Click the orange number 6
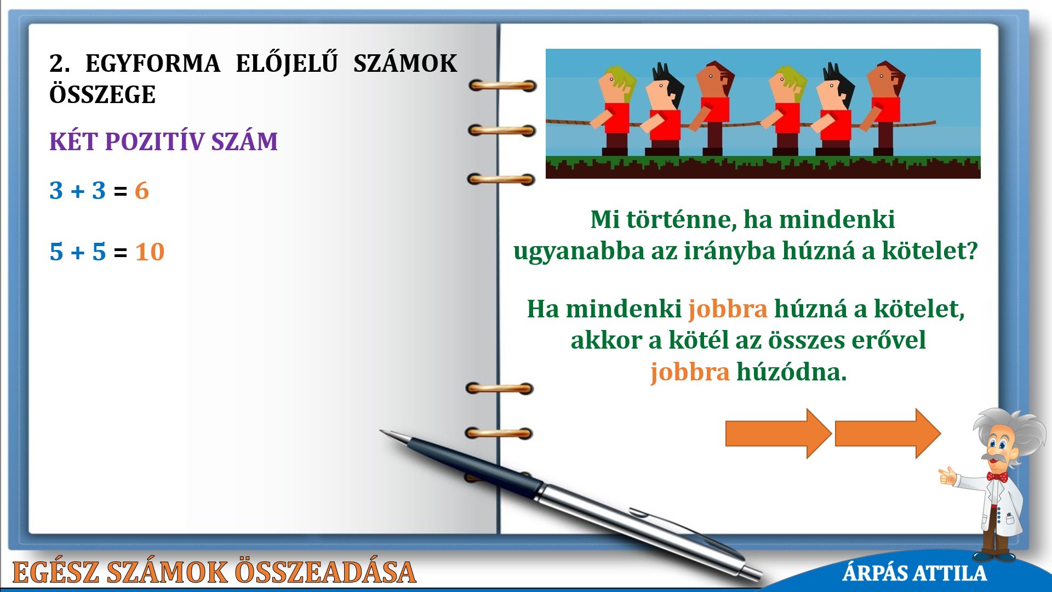(x=142, y=191)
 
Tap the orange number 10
(x=150, y=252)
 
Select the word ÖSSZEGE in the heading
(x=102, y=95)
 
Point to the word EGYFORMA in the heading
(x=153, y=64)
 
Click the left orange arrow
(x=779, y=434)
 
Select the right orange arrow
(x=888, y=434)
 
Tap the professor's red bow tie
(x=997, y=477)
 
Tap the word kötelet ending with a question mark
(x=929, y=251)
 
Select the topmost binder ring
(x=502, y=86)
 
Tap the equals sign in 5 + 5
(x=121, y=253)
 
